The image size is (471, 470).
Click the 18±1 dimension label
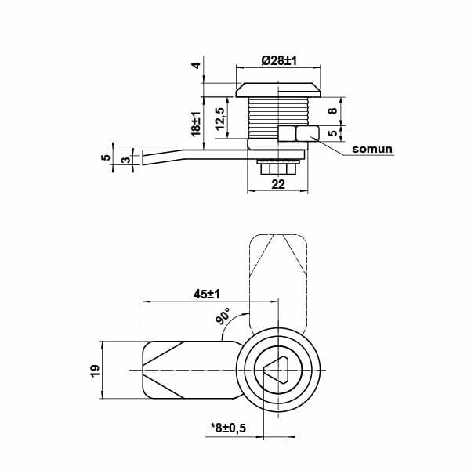click(x=196, y=123)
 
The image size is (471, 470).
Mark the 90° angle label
click(x=223, y=318)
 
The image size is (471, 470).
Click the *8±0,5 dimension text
click(x=228, y=427)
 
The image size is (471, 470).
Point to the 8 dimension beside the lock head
click(x=332, y=110)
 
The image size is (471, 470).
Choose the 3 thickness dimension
click(x=125, y=159)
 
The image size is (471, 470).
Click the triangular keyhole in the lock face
click(x=280, y=369)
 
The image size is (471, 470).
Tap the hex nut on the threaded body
click(x=297, y=136)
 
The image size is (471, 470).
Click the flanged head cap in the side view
click(x=278, y=88)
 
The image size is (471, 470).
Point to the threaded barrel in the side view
click(x=262, y=117)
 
